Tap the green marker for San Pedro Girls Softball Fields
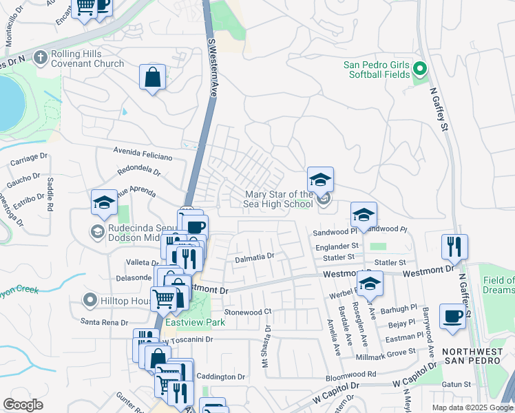419,69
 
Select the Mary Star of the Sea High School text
279,199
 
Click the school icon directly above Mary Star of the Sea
320,180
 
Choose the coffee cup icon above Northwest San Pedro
452,316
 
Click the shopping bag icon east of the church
152,78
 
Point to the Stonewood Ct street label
249,311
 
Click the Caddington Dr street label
221,377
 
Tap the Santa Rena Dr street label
105,321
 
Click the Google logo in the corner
23,404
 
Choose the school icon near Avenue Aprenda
104,202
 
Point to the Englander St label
337,245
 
